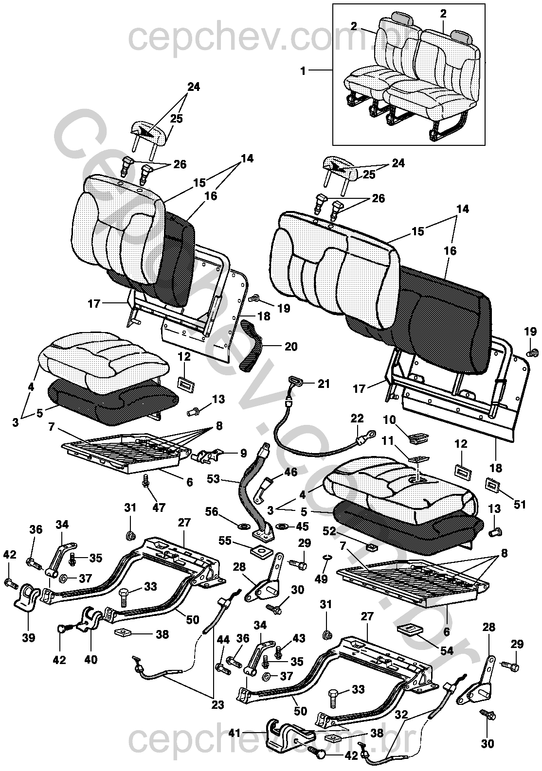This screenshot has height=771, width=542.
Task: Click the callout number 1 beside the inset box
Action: click(303, 71)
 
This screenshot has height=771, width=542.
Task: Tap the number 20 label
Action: click(290, 346)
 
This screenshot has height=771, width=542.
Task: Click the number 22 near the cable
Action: click(357, 419)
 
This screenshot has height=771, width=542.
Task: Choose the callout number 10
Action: click(389, 420)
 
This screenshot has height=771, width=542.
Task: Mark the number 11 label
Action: click(388, 441)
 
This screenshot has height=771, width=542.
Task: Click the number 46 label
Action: click(290, 472)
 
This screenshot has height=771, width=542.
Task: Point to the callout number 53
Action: click(213, 479)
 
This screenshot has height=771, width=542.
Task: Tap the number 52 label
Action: click(329, 531)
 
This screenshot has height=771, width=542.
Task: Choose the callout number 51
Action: click(520, 505)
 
